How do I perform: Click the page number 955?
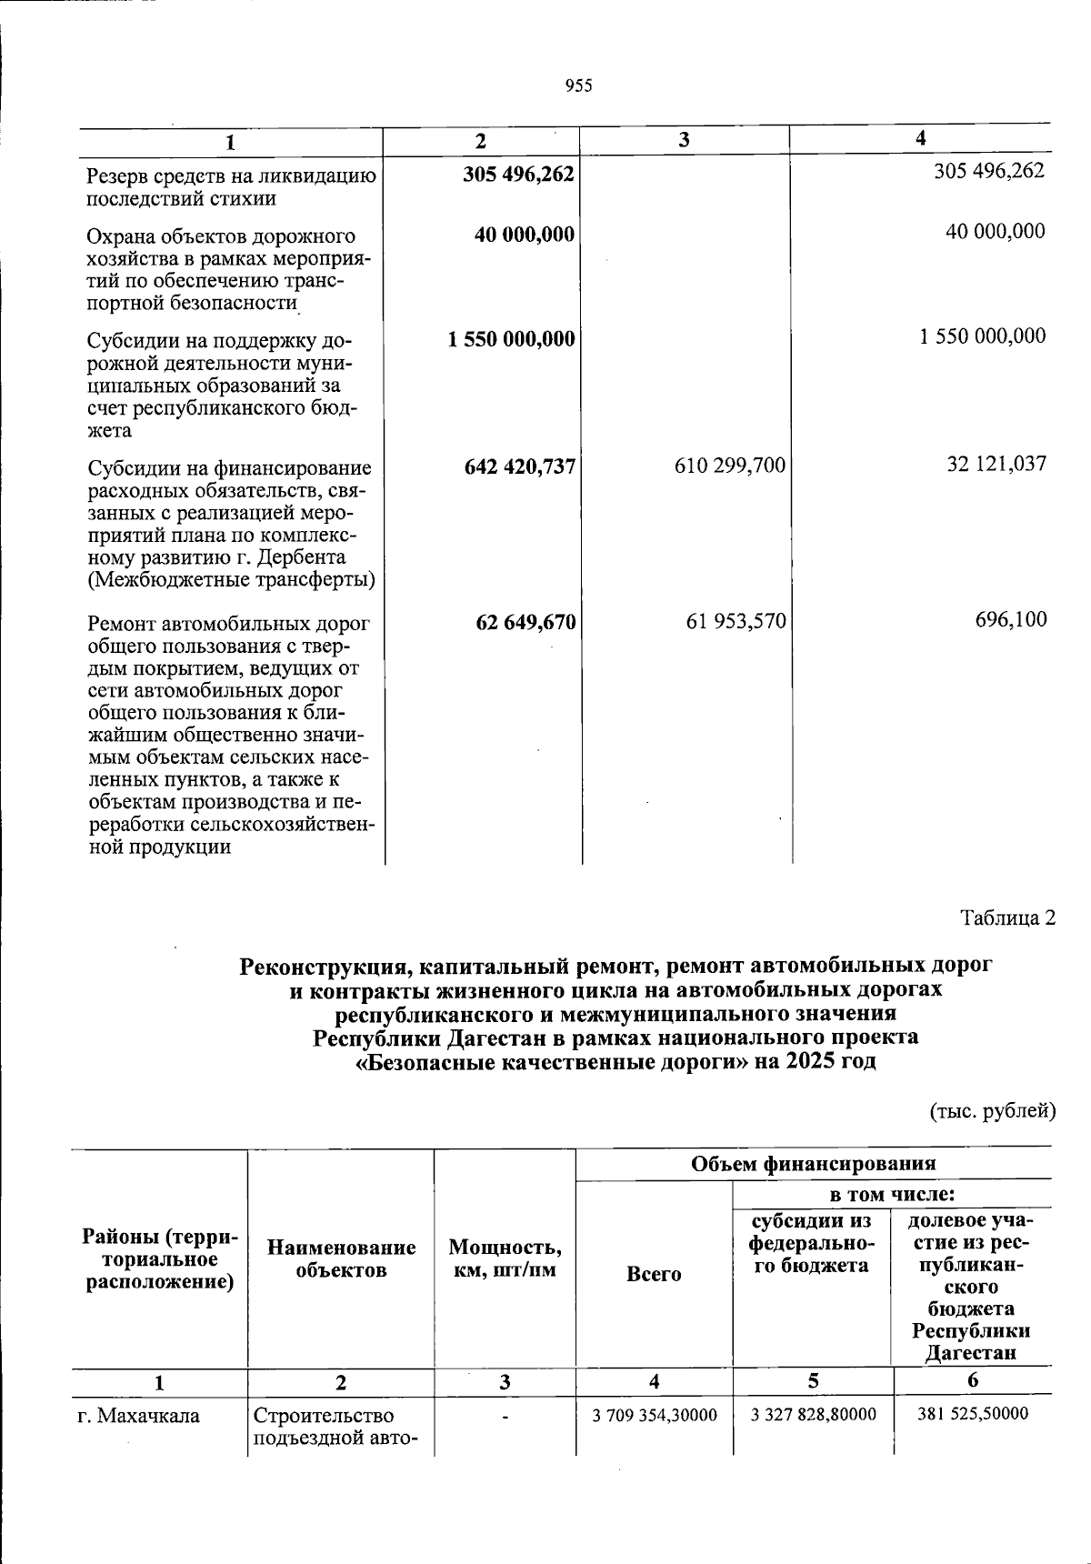click(x=578, y=85)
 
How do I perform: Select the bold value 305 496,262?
click(x=518, y=173)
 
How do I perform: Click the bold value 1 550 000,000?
click(x=511, y=339)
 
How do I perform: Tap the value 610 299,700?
click(x=729, y=466)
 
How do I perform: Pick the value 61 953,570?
click(x=736, y=621)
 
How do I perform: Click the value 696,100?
click(x=1011, y=620)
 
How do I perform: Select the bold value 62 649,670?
click(x=525, y=622)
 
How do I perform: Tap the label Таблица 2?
click(x=1008, y=917)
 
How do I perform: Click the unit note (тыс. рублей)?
click(x=992, y=1110)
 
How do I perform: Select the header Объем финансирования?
click(x=813, y=1163)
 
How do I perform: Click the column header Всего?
click(x=654, y=1274)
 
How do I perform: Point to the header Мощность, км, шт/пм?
click(x=505, y=1258)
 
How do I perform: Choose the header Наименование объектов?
click(x=341, y=1258)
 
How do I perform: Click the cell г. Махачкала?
click(x=138, y=1416)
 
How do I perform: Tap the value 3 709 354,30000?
click(x=654, y=1416)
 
